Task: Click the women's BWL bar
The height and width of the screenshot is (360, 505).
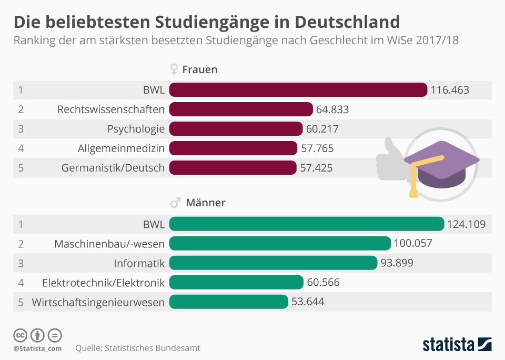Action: [298, 90]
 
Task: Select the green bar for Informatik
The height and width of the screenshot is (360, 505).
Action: [273, 263]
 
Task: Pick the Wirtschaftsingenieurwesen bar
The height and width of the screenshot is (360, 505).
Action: [229, 302]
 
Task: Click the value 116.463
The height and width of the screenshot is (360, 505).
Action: [450, 90]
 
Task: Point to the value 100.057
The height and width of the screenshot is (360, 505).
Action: [413, 243]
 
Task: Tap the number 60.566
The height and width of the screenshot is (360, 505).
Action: [323, 283]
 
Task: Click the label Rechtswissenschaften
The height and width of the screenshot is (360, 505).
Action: [110, 109]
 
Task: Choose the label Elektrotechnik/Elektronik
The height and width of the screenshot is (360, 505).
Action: [103, 283]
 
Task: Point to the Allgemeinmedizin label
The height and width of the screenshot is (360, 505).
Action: [121, 148]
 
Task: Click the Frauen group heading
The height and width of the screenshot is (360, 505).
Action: [199, 69]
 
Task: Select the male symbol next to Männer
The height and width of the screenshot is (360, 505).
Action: [175, 203]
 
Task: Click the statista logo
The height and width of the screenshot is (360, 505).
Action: [457, 345]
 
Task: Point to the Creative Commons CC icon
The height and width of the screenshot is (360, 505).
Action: [20, 335]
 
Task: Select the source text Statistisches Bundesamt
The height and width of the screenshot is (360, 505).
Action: [153, 348]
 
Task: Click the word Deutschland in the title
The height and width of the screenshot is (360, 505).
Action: [347, 22]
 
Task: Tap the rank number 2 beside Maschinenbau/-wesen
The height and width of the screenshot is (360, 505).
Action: [21, 243]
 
